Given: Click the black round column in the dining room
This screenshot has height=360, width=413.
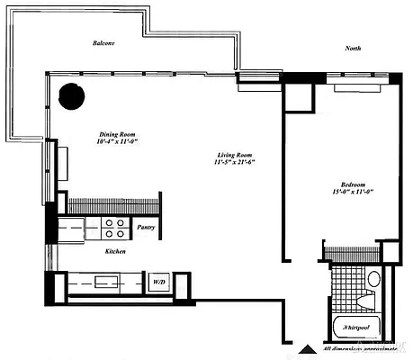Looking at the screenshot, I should [x=72, y=94].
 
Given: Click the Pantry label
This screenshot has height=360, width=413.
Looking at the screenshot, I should [x=145, y=228].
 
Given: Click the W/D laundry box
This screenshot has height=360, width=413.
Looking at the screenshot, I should [x=159, y=282].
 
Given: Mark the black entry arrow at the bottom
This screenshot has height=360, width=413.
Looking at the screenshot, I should [x=309, y=350].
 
